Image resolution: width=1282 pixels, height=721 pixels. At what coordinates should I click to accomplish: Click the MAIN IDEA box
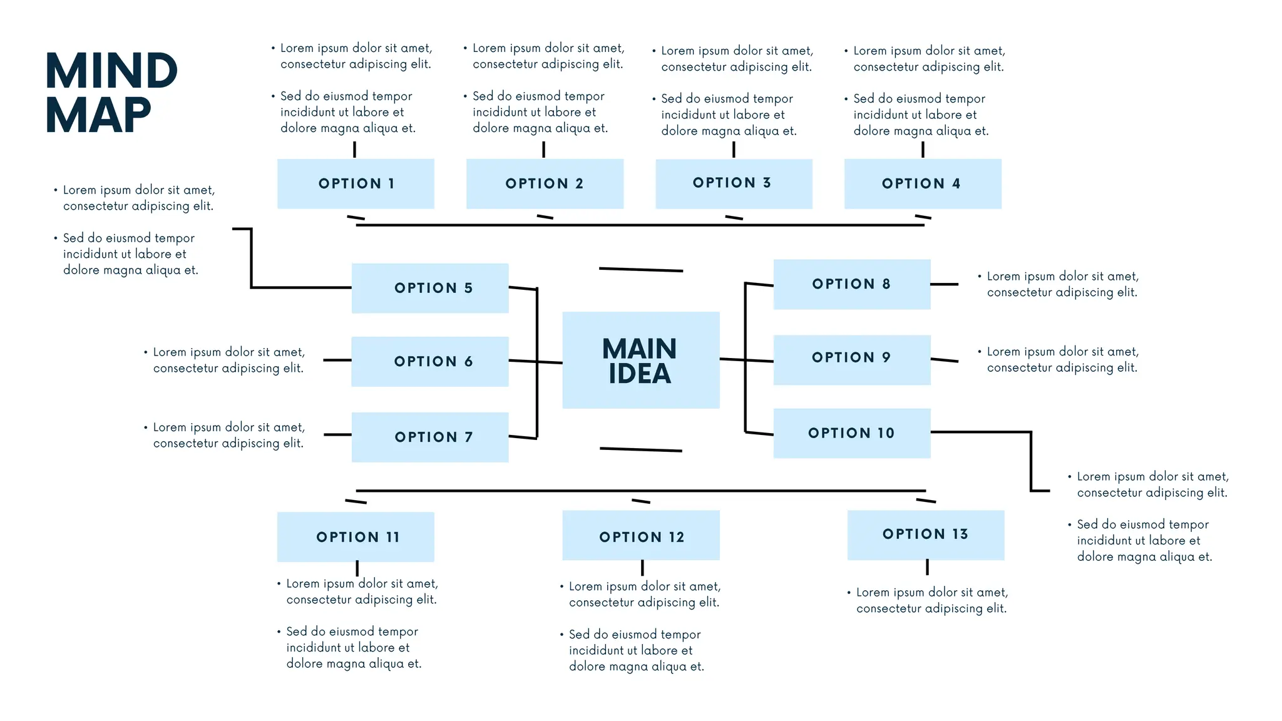point(640,360)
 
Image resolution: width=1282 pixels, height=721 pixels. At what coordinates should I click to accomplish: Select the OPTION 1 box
point(356,183)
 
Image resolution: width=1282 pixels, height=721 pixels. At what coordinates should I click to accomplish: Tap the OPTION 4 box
point(922,183)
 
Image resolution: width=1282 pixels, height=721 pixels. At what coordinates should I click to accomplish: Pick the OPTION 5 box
point(430,288)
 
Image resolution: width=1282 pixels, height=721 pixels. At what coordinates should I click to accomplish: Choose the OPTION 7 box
point(430,437)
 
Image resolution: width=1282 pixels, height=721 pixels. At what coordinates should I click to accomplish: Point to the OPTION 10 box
point(851,433)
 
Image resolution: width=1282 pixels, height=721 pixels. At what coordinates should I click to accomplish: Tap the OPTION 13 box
point(925,534)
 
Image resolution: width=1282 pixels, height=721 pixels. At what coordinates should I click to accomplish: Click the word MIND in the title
point(111,71)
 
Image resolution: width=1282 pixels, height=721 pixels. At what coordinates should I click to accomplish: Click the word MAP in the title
point(98,116)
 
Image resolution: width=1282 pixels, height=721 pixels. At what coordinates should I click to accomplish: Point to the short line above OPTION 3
point(734,150)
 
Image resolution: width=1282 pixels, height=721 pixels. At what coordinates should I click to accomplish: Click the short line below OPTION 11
point(357,568)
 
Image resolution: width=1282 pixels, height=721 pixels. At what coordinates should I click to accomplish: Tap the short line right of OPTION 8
point(944,284)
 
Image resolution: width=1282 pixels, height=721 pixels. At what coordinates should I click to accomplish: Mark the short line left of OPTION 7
point(337,434)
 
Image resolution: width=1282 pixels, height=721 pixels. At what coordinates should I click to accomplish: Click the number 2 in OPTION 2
point(579,184)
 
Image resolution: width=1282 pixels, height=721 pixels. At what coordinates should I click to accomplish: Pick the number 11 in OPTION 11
point(392,537)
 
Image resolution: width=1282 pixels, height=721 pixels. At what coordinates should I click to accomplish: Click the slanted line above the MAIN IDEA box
point(640,270)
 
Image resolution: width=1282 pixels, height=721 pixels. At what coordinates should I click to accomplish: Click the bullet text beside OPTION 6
point(228,360)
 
